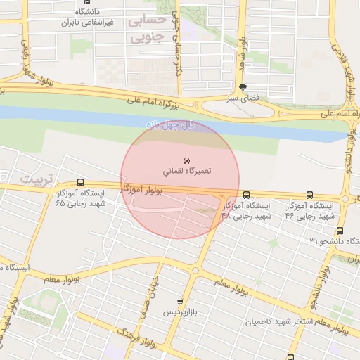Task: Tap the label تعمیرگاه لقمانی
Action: click(187, 171)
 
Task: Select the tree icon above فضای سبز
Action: click(243, 88)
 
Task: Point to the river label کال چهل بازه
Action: click(169, 124)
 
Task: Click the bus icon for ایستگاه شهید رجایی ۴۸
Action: click(246, 195)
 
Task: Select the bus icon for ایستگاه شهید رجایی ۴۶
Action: click(309, 195)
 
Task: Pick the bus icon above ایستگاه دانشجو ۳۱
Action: click(340, 231)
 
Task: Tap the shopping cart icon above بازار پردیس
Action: click(180, 301)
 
